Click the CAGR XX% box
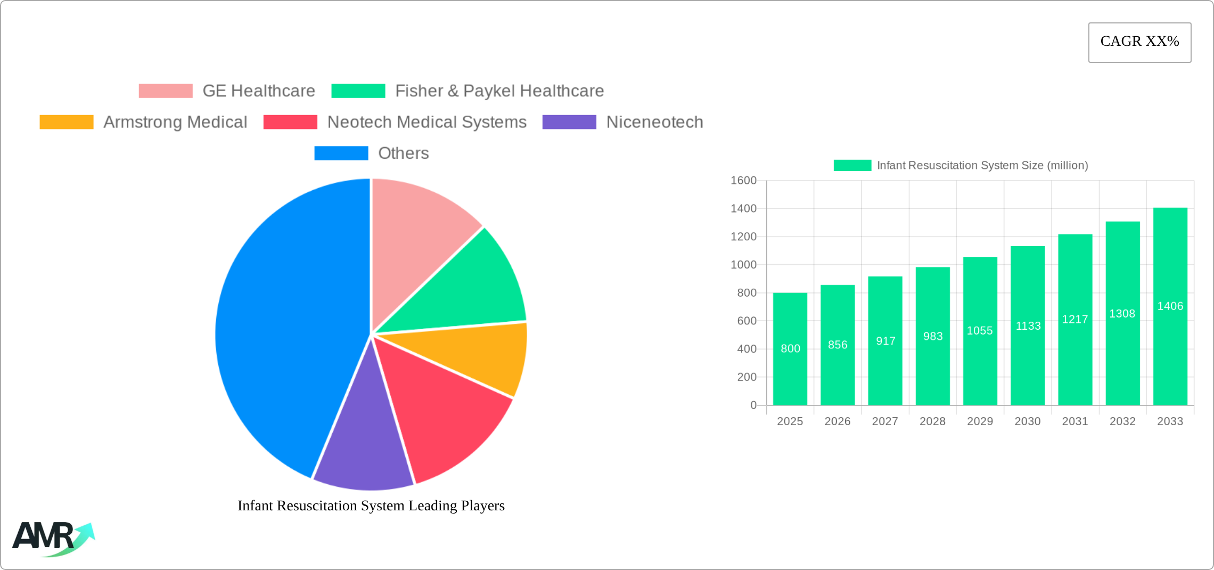coord(1139,42)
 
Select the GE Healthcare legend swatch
coord(166,91)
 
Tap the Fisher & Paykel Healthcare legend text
coord(499,91)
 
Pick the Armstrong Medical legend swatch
coord(67,122)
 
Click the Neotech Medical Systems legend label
coord(426,122)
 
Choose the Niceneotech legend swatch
coord(569,122)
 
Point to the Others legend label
coord(403,153)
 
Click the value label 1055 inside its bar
coord(980,331)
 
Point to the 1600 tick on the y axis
coord(743,181)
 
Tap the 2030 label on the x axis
coord(1027,421)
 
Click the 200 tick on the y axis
coord(747,377)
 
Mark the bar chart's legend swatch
coord(852,166)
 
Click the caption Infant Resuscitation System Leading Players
coord(371,506)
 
